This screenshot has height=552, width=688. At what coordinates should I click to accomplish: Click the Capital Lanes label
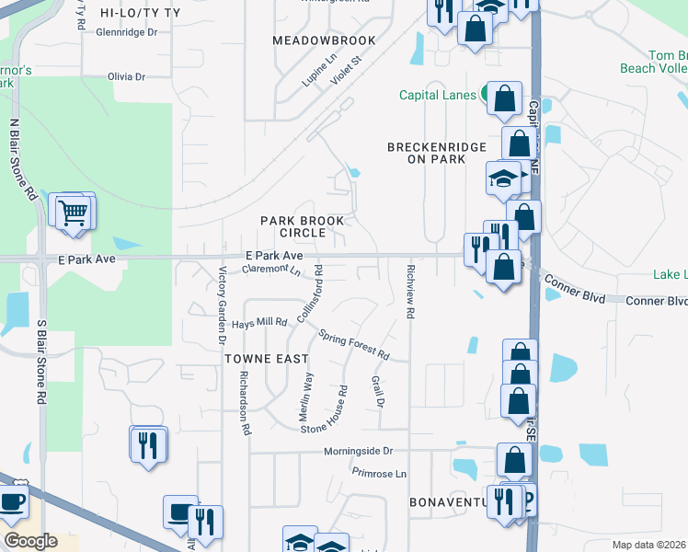[437, 95]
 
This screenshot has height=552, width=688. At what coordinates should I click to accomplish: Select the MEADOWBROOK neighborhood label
[325, 40]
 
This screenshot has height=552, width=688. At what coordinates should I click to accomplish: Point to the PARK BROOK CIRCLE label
[302, 226]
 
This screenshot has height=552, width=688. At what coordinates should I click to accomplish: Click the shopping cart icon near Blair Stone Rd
[74, 213]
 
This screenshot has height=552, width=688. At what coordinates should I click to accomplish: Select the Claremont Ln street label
[270, 270]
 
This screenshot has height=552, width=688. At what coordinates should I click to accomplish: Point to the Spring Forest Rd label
[354, 343]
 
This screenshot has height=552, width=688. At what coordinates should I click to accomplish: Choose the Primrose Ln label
[378, 473]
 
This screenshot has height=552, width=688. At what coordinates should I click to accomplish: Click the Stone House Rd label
[333, 409]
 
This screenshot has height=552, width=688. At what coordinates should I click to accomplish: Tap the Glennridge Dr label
[127, 31]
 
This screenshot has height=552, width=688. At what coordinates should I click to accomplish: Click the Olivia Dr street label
[127, 76]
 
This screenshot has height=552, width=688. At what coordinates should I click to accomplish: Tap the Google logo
[30, 541]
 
